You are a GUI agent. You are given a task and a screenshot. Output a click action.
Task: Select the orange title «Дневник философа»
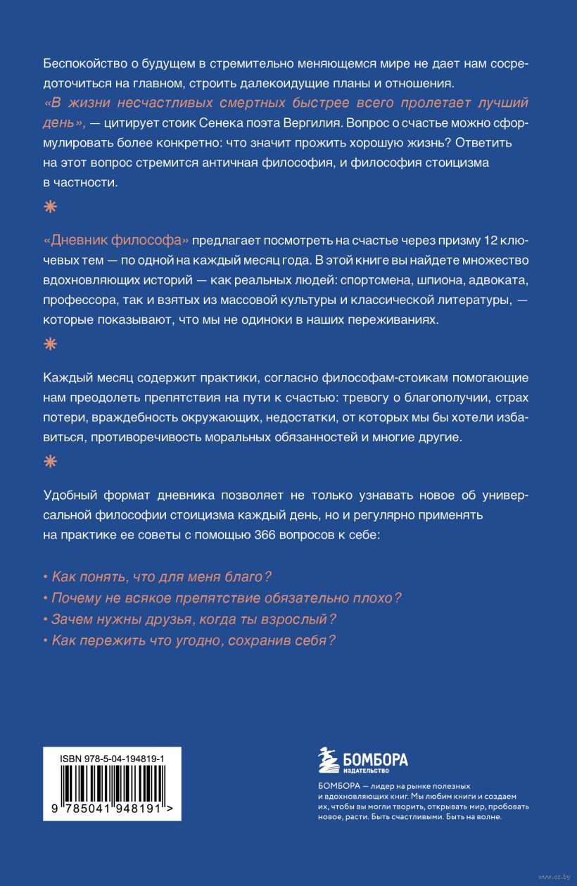(x=116, y=241)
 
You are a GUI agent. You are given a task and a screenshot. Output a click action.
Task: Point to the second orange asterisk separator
(x=49, y=344)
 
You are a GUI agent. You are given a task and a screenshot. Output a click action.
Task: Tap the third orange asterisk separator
(x=49, y=462)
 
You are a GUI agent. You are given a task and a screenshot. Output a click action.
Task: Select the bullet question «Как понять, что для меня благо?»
(x=157, y=577)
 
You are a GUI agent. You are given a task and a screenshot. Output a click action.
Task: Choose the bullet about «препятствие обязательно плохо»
(x=222, y=598)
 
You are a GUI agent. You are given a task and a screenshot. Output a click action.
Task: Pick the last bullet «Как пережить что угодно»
(x=189, y=641)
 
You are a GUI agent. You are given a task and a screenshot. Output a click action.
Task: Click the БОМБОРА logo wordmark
(x=375, y=760)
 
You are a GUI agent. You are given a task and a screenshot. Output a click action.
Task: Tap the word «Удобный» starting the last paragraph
(x=68, y=495)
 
